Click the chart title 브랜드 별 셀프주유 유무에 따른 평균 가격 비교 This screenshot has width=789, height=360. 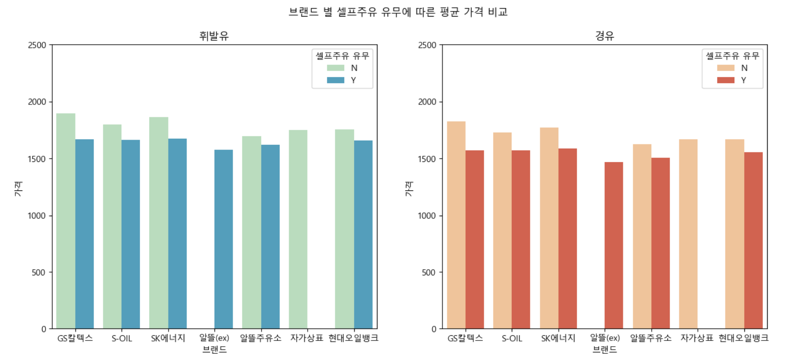pyautogui.click(x=398, y=12)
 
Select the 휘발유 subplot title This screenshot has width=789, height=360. pyautogui.click(x=214, y=36)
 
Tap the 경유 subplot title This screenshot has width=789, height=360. pyautogui.click(x=604, y=36)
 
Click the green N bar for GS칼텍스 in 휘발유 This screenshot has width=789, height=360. pyautogui.click(x=66, y=221)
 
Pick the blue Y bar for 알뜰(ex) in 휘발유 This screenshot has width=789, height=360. pyautogui.click(x=224, y=239)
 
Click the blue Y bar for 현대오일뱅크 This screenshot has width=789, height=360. pyautogui.click(x=363, y=235)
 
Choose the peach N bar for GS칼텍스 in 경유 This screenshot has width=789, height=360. pyautogui.click(x=456, y=225)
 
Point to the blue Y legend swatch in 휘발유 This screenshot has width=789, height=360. pyautogui.click(x=336, y=80)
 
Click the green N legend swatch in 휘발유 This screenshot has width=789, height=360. pyautogui.click(x=336, y=68)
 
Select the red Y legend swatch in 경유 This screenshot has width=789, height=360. pyautogui.click(x=726, y=80)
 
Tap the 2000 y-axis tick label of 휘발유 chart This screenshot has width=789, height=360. pyautogui.click(x=37, y=102)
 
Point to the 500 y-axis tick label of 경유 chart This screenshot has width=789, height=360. pyautogui.click(x=428, y=273)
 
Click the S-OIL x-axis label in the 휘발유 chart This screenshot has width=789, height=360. pyautogui.click(x=122, y=339)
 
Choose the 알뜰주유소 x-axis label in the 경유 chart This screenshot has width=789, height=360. pyautogui.click(x=650, y=338)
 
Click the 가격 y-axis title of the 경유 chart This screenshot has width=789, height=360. pyautogui.click(x=409, y=189)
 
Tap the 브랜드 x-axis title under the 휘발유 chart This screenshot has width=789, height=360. pyautogui.click(x=214, y=350)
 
